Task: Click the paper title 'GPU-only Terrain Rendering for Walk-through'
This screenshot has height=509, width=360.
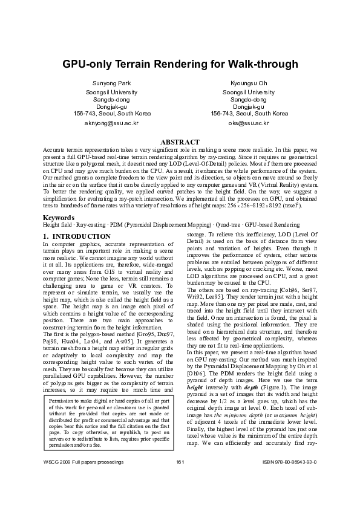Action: tap(180, 64)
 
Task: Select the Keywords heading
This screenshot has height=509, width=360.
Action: tap(59, 216)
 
